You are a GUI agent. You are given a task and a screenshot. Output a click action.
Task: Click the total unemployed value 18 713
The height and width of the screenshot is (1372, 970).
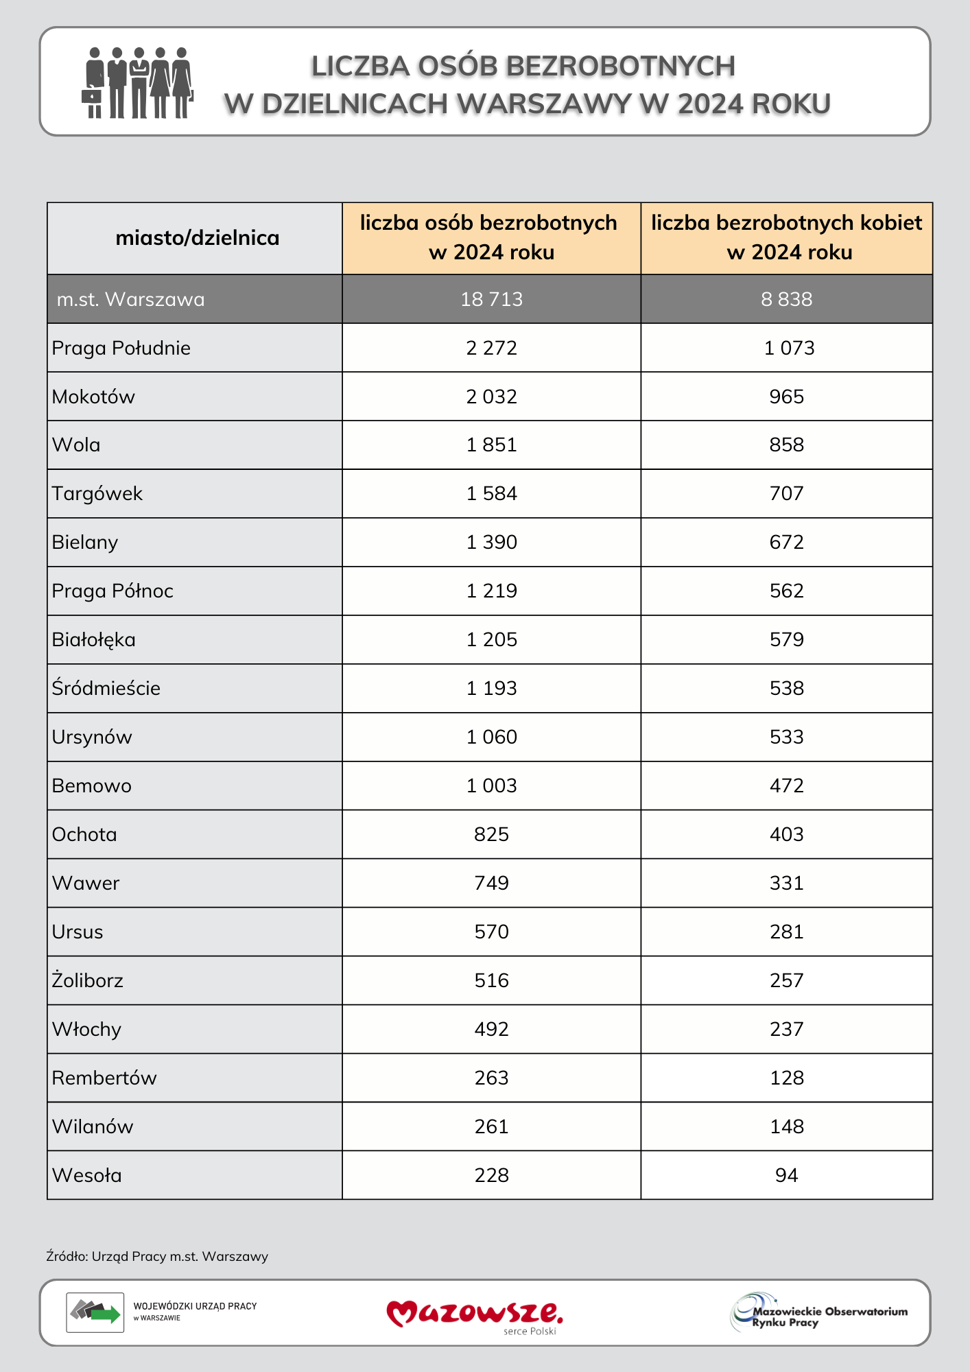491,299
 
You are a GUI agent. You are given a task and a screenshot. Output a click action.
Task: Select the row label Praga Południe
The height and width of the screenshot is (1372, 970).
121,348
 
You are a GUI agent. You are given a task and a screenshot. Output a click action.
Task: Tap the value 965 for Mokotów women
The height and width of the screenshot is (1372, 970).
786,397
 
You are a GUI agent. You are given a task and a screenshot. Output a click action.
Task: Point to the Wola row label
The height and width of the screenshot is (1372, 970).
76,445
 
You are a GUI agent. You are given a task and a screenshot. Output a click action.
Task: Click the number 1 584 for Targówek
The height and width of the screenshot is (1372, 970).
491,493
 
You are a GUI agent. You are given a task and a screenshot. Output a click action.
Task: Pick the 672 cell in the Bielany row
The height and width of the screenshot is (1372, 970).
786,542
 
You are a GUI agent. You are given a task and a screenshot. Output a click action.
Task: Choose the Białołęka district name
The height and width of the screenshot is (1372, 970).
94,639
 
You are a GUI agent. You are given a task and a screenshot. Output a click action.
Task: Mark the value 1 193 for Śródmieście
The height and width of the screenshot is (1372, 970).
491,688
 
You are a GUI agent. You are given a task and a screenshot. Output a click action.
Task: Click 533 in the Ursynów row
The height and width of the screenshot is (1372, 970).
786,737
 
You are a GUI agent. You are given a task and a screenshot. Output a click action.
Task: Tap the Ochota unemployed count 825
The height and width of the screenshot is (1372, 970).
491,834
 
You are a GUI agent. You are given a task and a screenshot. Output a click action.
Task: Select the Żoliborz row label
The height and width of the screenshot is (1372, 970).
88,980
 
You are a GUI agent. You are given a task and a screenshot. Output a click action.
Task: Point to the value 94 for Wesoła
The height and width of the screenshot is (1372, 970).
786,1175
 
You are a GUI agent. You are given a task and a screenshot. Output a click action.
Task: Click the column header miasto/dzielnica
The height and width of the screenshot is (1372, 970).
198,238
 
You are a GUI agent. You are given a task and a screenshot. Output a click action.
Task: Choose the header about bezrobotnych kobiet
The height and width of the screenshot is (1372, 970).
787,237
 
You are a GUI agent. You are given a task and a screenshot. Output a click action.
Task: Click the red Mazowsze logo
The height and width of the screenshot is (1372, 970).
475,1313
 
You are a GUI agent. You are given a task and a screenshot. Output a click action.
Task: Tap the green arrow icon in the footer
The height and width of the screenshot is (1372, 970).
104,1314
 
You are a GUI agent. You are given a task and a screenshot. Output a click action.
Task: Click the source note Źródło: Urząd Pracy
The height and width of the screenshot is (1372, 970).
157,1256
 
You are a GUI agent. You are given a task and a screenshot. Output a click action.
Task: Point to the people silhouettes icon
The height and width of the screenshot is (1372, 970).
138,83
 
